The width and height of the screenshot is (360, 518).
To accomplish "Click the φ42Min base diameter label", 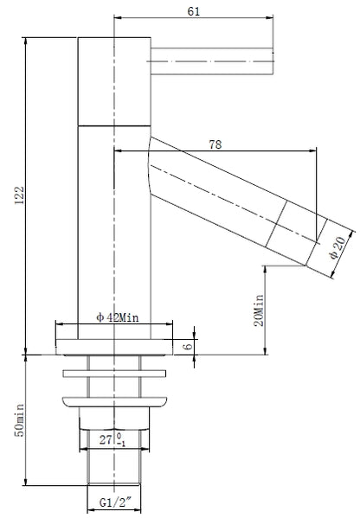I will pyautogui.click(x=116, y=317).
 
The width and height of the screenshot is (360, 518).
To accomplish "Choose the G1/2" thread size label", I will pyautogui.click(x=115, y=500).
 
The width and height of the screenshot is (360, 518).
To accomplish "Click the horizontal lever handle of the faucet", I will pyautogui.click(x=212, y=58).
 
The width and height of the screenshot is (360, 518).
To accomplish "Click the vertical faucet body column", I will pyautogui.click(x=115, y=233).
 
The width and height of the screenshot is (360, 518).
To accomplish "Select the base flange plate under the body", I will pyautogui.click(x=115, y=349).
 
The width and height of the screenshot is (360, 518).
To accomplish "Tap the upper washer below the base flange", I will pyautogui.click(x=115, y=374).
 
